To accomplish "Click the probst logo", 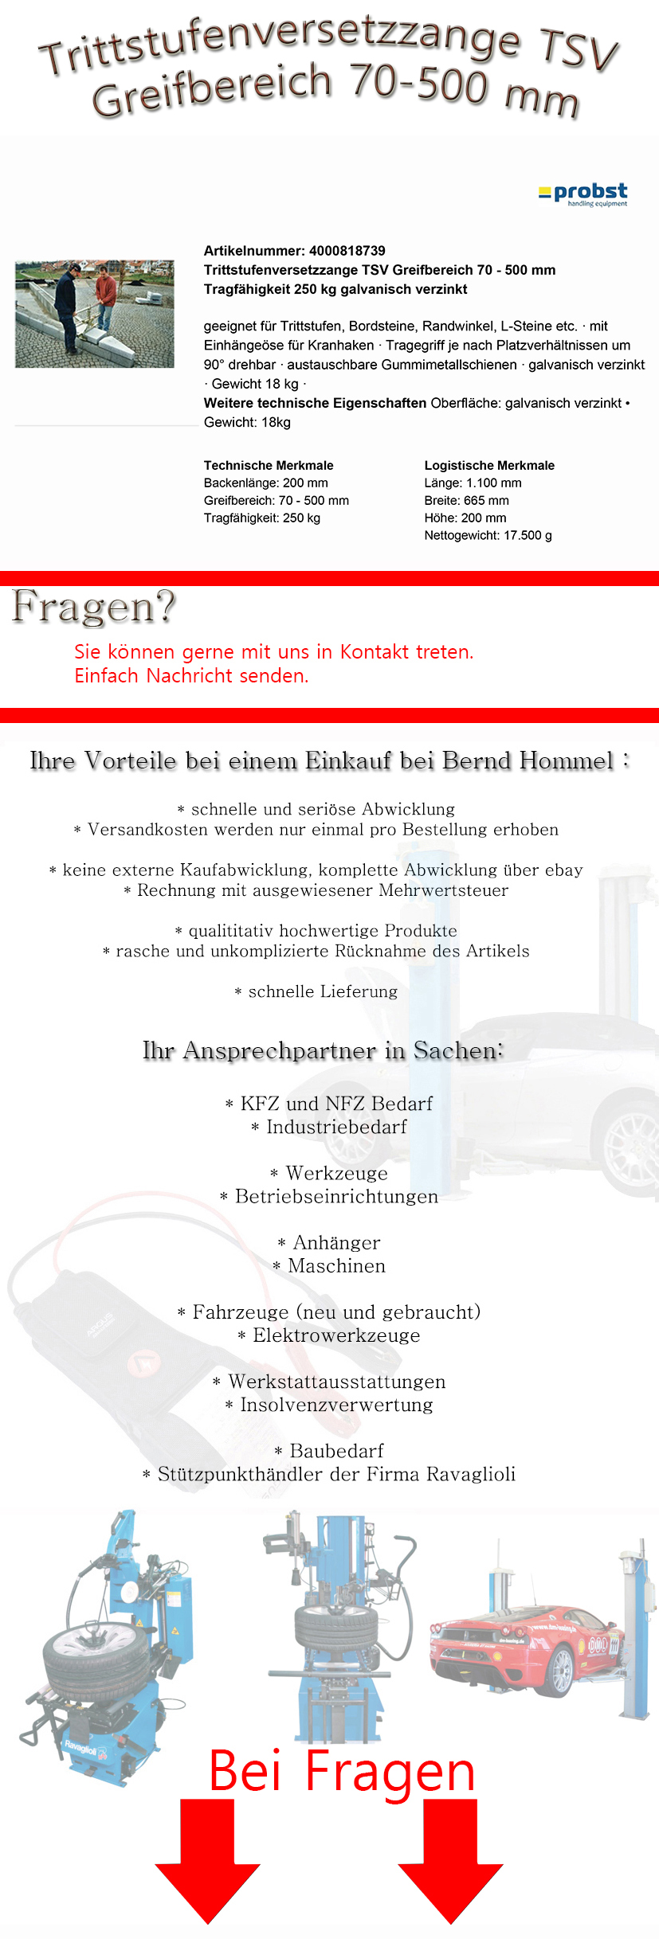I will tap(583, 194).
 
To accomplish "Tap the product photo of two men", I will tap(94, 314).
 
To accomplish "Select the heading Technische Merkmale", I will tap(269, 465).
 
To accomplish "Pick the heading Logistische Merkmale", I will tap(489, 465).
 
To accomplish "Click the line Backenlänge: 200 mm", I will tap(265, 483).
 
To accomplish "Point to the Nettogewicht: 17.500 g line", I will tap(488, 535).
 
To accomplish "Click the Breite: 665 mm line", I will tap(466, 500).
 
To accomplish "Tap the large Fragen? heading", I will tap(93, 607).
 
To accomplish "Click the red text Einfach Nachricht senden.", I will tap(191, 676).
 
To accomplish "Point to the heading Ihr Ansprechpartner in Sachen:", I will tap(323, 1050).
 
